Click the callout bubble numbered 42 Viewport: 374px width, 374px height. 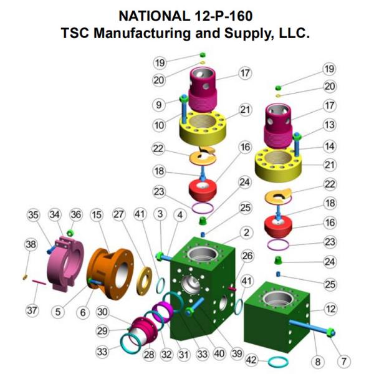click(251, 360)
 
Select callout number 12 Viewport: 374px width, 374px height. click(330, 309)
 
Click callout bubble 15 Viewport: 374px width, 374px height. click(96, 215)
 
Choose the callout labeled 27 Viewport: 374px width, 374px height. click(118, 215)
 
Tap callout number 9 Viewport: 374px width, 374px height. click(159, 104)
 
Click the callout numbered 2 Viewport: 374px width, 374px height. click(247, 233)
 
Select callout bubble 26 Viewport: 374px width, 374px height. click(247, 256)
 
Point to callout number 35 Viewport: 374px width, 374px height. click(32, 215)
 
